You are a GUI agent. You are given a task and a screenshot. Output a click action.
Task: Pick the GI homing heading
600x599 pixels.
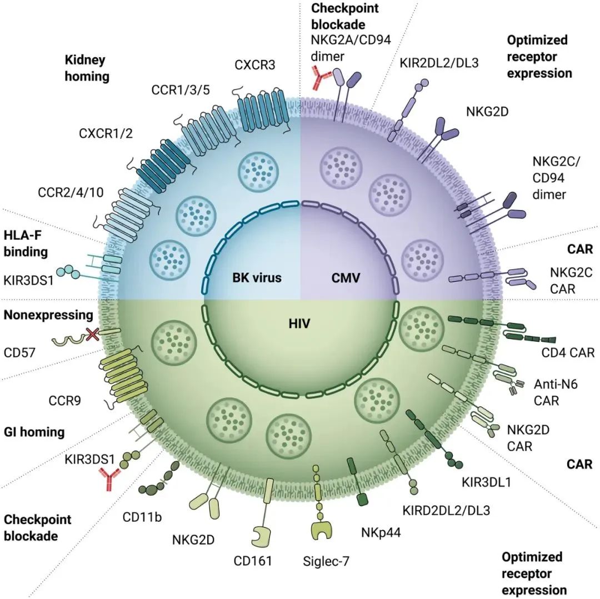tap(34, 431)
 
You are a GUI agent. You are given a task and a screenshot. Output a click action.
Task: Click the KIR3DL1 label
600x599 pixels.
tap(487, 481)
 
